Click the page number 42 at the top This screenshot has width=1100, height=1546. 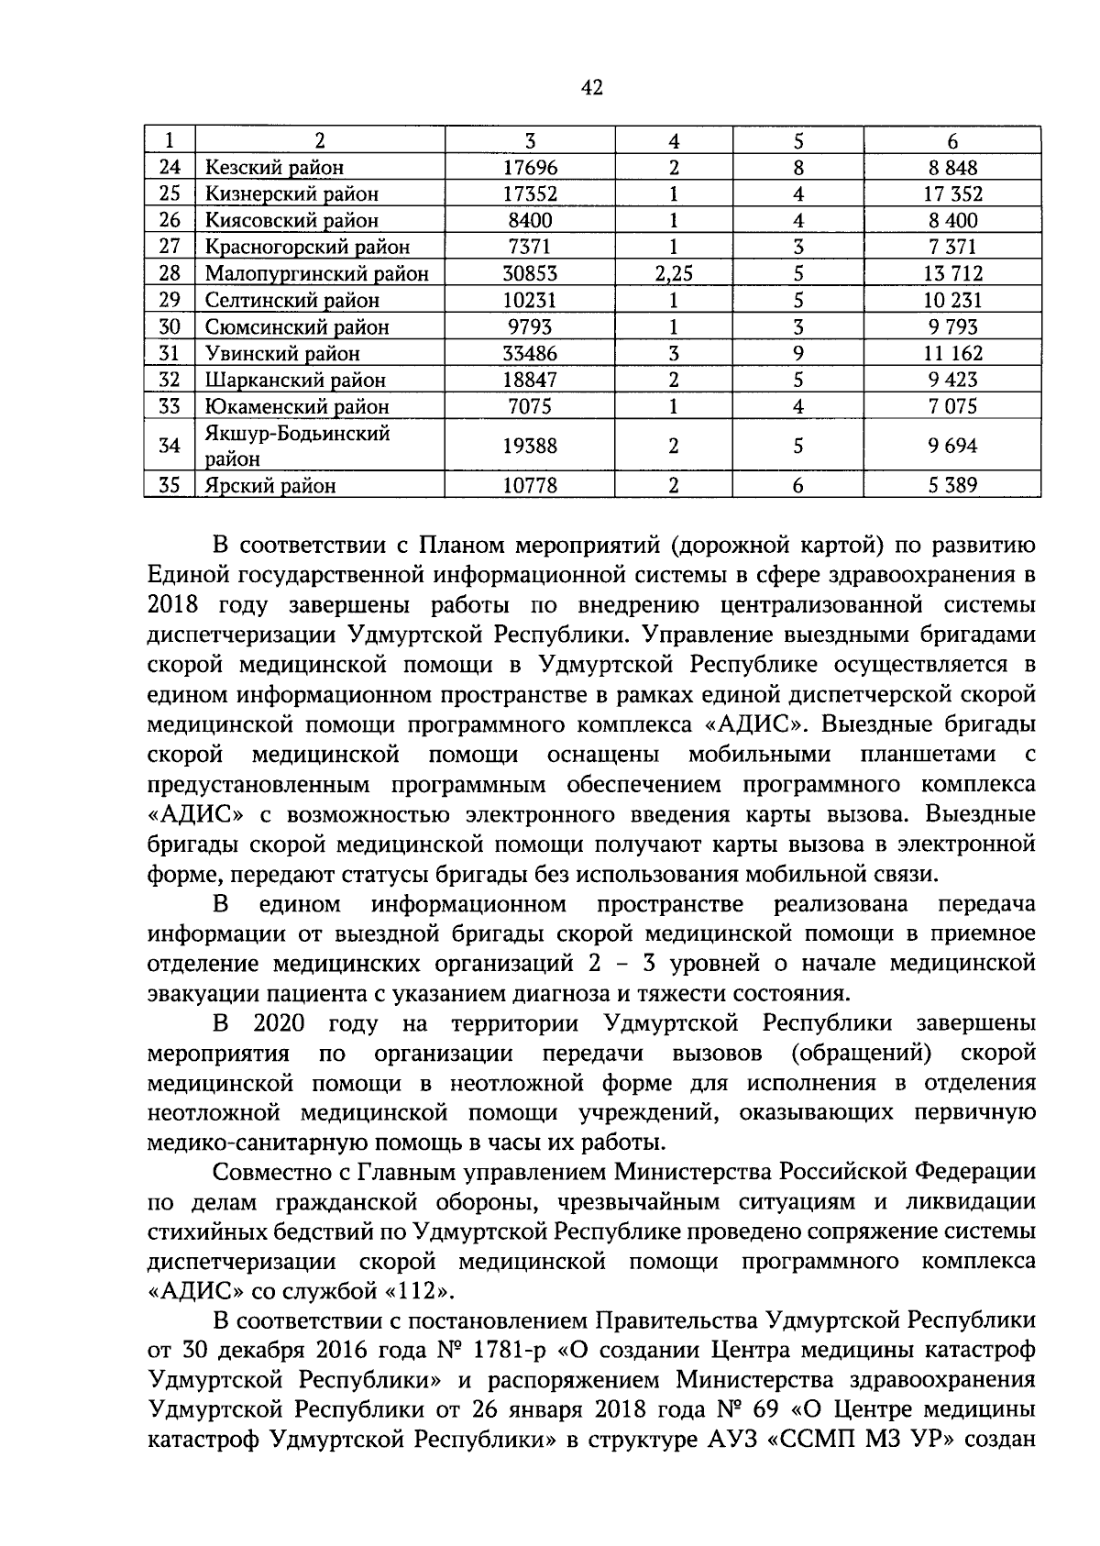coord(591,88)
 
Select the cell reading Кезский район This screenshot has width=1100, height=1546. coord(274,168)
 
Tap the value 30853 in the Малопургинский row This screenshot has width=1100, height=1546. coord(530,274)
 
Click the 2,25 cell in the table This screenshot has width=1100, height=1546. coord(674,274)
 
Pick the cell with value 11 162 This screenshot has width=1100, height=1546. coord(952,354)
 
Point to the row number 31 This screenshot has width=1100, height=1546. coord(170,354)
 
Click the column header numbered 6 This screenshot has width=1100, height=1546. coord(952,141)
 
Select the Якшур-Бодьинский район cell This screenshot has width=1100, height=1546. coord(298,447)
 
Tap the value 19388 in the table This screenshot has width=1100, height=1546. coord(530,447)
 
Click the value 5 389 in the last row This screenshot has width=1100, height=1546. coord(952,486)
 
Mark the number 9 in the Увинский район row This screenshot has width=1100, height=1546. coord(798,354)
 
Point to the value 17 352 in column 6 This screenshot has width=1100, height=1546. coord(952,194)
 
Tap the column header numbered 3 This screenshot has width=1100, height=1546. coord(530,141)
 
